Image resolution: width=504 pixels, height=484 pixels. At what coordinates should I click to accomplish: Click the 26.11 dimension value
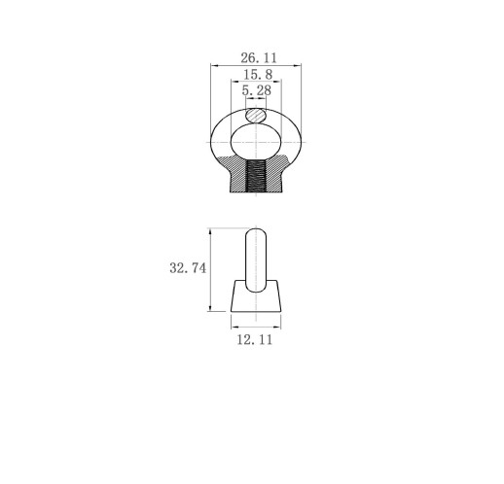[259, 58]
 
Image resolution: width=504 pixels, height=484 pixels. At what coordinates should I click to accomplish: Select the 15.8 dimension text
[258, 75]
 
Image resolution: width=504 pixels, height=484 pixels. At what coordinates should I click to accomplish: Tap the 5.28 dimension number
[256, 90]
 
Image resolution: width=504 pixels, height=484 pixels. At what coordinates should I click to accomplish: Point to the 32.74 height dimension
[188, 268]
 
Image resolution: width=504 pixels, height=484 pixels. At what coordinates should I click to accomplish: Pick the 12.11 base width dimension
[255, 340]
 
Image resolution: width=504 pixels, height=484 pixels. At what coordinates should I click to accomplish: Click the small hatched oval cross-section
[256, 116]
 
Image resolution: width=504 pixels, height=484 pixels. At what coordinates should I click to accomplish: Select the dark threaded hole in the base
[256, 176]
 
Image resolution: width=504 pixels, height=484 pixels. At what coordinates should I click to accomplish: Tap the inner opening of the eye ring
[256, 142]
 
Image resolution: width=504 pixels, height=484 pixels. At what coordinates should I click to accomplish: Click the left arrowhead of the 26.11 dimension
[214, 66]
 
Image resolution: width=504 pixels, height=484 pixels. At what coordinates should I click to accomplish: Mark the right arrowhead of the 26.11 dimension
[298, 66]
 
